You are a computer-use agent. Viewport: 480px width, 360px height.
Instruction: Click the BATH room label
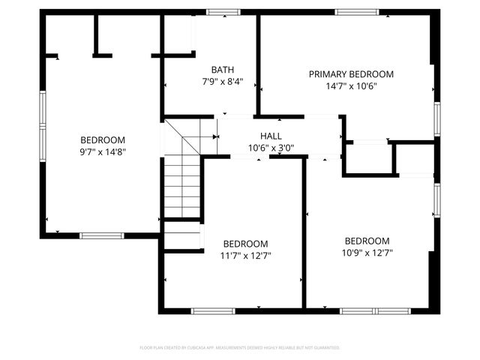coord(223,69)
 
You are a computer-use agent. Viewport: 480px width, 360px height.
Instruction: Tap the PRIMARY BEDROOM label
coord(351,74)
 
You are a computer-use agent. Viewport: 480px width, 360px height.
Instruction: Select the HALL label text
coord(271,136)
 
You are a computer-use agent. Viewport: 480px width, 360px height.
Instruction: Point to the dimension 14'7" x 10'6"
coord(351,85)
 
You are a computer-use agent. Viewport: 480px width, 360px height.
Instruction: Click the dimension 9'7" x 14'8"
coord(103,151)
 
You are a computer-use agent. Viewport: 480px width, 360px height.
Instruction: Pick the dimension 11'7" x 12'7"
coord(246,255)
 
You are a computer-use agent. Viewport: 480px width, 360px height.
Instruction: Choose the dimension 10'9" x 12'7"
coord(367,252)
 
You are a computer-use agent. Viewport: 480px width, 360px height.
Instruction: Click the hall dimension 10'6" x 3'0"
coord(271,147)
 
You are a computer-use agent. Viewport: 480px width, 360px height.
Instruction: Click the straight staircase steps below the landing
coord(181,187)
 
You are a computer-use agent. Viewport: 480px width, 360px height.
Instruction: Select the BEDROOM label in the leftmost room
coord(103,140)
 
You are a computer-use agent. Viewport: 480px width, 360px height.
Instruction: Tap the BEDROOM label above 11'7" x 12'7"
coord(246,244)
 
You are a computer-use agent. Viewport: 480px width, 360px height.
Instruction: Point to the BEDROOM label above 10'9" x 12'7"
coord(367,241)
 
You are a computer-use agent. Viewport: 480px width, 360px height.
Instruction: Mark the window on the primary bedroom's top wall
coord(357,12)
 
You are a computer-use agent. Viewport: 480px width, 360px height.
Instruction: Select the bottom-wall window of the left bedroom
coord(102,235)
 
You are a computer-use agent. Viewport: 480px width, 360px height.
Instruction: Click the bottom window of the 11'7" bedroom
coord(213,310)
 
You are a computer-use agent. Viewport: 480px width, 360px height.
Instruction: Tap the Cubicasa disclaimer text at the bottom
coord(240,348)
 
